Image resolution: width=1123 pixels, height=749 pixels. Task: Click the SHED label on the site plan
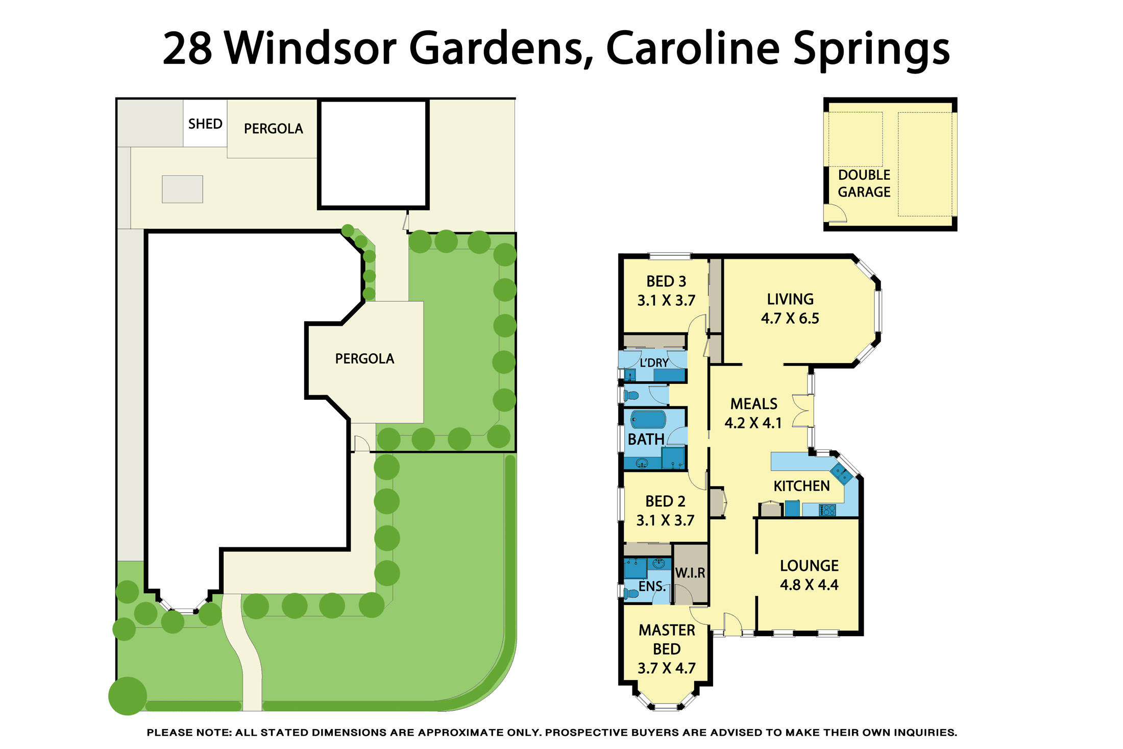point(205,124)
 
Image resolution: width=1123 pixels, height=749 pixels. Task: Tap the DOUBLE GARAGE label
point(864,184)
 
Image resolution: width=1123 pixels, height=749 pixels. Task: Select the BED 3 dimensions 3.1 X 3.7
point(666,301)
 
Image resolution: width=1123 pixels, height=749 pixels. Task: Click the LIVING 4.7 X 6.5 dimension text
point(790,319)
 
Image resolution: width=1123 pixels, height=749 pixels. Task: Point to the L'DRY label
point(654,363)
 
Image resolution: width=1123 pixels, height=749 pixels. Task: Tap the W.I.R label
point(690,573)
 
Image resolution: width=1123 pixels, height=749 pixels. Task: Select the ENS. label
point(652,587)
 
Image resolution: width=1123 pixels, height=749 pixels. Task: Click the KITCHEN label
point(801,486)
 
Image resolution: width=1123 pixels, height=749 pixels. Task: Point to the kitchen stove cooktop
point(827,510)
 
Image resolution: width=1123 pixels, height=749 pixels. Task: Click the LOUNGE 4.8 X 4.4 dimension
point(809,585)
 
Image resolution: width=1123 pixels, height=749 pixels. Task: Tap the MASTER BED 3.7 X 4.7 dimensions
point(667,668)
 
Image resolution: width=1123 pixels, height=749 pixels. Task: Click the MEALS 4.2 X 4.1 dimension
point(753,423)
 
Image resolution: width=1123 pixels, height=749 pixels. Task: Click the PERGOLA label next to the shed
point(273,129)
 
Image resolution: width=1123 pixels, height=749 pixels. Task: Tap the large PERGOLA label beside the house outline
point(364,359)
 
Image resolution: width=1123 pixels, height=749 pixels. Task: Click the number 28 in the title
point(187,49)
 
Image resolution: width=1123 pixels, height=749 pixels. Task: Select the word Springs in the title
point(871,50)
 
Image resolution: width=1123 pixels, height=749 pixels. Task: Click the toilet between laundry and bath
point(632,395)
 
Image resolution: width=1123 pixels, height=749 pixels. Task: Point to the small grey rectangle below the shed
point(182,189)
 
